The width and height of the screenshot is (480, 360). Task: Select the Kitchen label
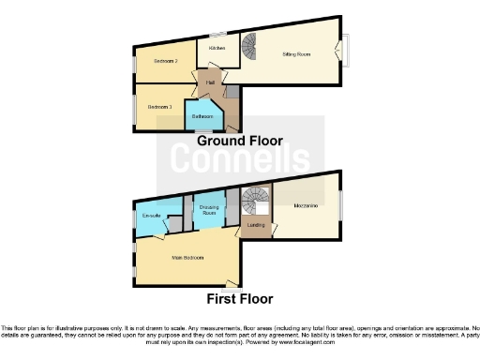[x=217, y=46]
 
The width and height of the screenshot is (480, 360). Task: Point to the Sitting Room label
[x=297, y=54]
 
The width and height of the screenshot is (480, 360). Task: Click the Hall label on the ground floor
[x=210, y=82]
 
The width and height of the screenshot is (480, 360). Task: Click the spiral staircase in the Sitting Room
[x=250, y=44]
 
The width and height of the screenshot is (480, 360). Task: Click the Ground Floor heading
[x=239, y=141]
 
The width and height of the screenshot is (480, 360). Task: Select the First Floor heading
[x=240, y=299]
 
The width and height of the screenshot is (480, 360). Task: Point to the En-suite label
[x=151, y=217]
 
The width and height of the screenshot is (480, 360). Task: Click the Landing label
[x=255, y=225]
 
